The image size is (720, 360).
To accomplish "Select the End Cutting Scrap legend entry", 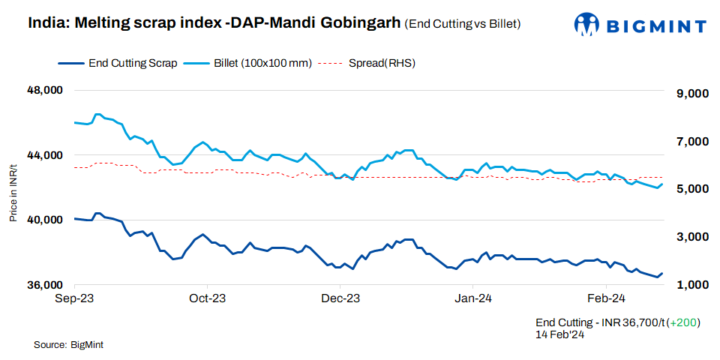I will [132, 63].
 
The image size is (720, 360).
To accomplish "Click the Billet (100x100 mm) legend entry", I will [262, 63].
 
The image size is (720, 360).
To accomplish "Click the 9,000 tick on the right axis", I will [692, 94].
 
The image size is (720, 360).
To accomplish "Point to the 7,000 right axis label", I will [692, 141].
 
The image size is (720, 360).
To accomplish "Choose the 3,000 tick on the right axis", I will [692, 237].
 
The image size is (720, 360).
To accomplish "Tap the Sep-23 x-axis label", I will [75, 298].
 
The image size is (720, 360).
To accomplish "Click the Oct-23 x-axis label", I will [207, 298].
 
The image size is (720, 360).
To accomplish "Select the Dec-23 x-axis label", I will [340, 298].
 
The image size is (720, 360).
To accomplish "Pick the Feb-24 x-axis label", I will [606, 298].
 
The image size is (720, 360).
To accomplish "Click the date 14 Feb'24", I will [559, 334].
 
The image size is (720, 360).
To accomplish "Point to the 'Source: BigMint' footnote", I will [68, 345].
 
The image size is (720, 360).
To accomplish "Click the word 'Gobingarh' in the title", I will [361, 22].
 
